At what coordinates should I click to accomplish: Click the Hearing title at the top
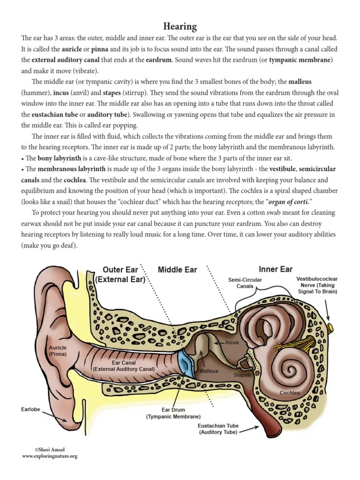click(x=180, y=26)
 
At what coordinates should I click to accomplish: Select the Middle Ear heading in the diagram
click(x=177, y=270)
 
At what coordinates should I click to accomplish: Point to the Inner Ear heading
click(x=276, y=269)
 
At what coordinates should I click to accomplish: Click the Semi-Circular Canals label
click(x=245, y=283)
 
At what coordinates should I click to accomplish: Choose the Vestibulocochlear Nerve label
click(x=317, y=285)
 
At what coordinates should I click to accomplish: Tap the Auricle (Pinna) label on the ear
click(x=58, y=351)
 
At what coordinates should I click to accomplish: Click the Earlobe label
click(x=30, y=409)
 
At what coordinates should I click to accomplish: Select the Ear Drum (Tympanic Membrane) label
click(x=173, y=413)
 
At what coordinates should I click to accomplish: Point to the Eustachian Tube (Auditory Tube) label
click(x=218, y=429)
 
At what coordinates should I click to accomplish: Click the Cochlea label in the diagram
click(x=289, y=393)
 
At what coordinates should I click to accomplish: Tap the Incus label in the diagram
click(x=232, y=343)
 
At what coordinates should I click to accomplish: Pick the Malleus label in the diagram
click(x=209, y=371)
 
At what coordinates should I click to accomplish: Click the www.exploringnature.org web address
click(x=49, y=456)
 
